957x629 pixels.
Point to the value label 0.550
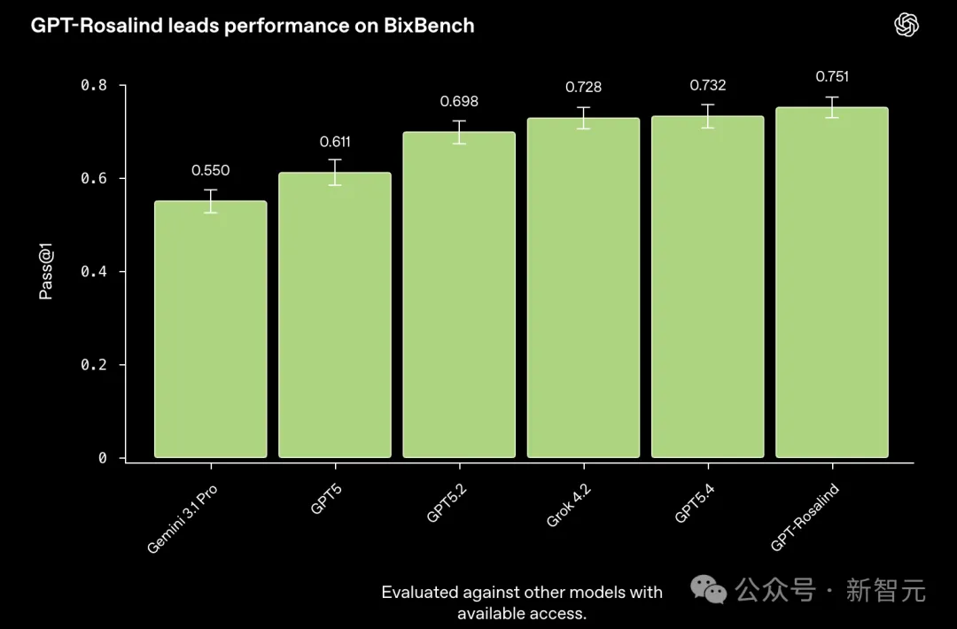pyautogui.click(x=210, y=171)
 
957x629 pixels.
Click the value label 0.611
pyautogui.click(x=335, y=142)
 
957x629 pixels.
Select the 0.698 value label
pyautogui.click(x=459, y=102)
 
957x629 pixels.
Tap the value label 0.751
pyautogui.click(x=832, y=77)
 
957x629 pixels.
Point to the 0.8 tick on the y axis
pyautogui.click(x=94, y=85)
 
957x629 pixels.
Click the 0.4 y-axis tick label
pyautogui.click(x=94, y=271)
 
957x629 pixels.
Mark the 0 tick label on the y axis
pyautogui.click(x=102, y=458)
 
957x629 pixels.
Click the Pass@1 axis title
pyautogui.click(x=46, y=272)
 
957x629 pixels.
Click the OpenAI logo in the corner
pyautogui.click(x=906, y=25)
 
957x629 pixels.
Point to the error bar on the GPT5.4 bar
pyautogui.click(x=707, y=116)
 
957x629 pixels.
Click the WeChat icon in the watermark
pyautogui.click(x=710, y=589)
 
